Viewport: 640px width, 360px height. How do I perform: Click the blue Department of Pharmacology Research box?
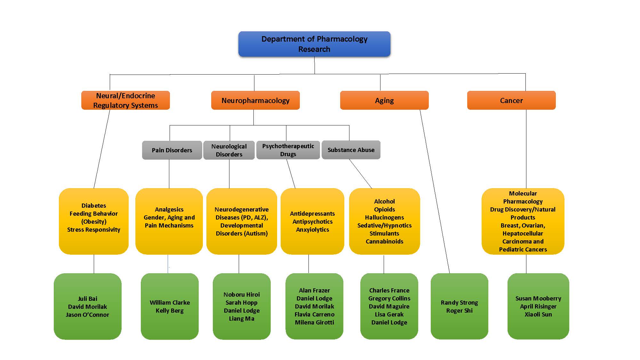(x=314, y=44)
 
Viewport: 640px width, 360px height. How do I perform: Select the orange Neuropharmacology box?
(x=255, y=100)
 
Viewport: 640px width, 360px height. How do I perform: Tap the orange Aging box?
(x=384, y=100)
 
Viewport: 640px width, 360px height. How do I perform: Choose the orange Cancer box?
(x=511, y=100)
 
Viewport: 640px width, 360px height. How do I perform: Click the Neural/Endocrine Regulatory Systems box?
(x=125, y=100)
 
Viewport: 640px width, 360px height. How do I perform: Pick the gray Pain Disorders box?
(x=172, y=150)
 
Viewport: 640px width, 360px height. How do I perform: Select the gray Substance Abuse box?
(x=351, y=150)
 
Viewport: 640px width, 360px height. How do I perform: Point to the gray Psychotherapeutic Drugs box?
(x=288, y=150)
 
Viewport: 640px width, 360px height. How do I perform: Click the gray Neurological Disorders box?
(x=229, y=150)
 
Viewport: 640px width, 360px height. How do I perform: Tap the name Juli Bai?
(x=87, y=299)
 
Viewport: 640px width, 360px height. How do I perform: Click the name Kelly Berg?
(x=170, y=310)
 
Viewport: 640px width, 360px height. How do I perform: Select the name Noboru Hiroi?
(x=242, y=294)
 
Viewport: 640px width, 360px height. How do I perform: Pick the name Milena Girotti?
(x=314, y=322)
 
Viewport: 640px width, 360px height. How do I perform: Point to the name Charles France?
(x=389, y=290)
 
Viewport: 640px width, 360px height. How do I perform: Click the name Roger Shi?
(x=459, y=310)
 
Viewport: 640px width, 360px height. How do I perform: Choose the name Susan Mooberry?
(x=538, y=298)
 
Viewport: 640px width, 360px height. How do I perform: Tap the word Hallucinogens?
(x=384, y=217)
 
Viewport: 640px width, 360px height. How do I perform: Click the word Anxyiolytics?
(x=312, y=229)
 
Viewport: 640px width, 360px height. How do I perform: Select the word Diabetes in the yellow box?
(x=94, y=205)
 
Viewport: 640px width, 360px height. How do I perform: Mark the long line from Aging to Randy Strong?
(x=435, y=192)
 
